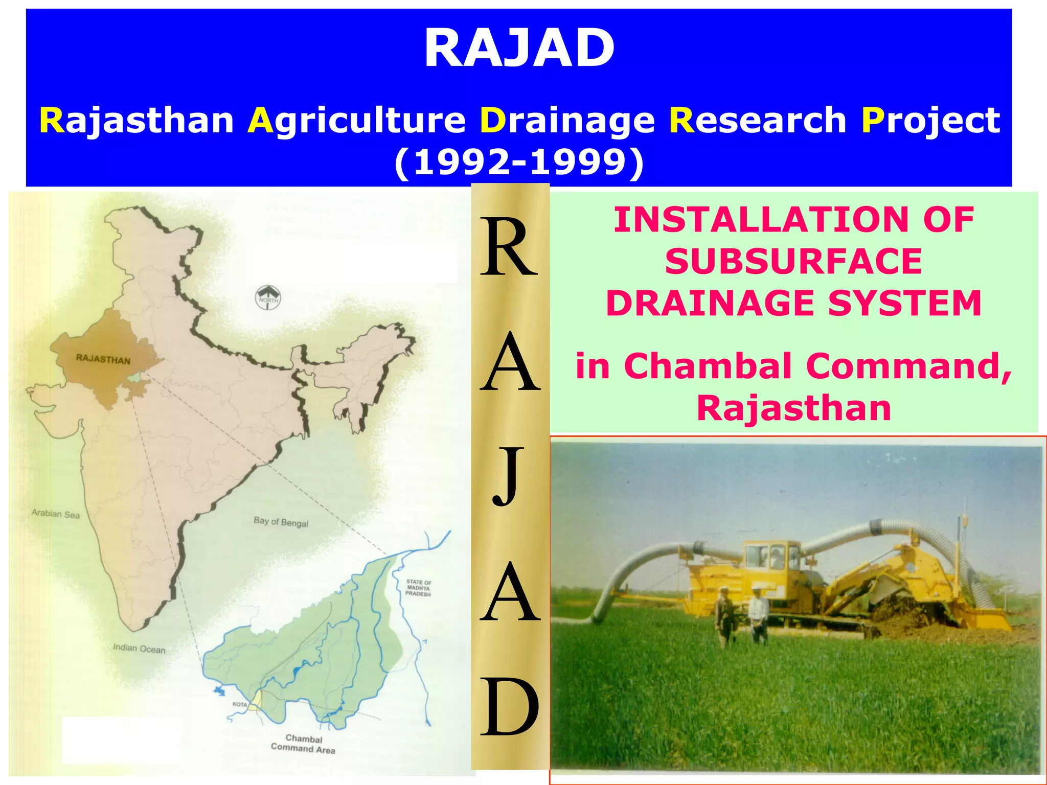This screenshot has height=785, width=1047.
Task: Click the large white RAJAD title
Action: coord(519,49)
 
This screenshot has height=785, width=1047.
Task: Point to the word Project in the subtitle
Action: coord(930,121)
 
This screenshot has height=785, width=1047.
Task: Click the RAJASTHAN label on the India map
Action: coord(103,359)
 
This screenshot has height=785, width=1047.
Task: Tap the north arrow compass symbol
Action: coord(268,297)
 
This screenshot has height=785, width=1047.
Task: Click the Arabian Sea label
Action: coord(56,514)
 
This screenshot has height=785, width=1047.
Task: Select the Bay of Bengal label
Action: coord(281,522)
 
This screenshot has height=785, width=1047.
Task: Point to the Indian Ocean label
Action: coord(139,649)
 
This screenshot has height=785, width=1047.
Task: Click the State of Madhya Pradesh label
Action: coord(419,588)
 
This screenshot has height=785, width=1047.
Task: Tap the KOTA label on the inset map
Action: coord(239,704)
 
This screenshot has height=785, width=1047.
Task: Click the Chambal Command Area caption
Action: coord(303,744)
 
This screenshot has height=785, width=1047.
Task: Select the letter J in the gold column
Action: coord(509,475)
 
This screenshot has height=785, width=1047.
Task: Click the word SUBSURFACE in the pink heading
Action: coord(793,262)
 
